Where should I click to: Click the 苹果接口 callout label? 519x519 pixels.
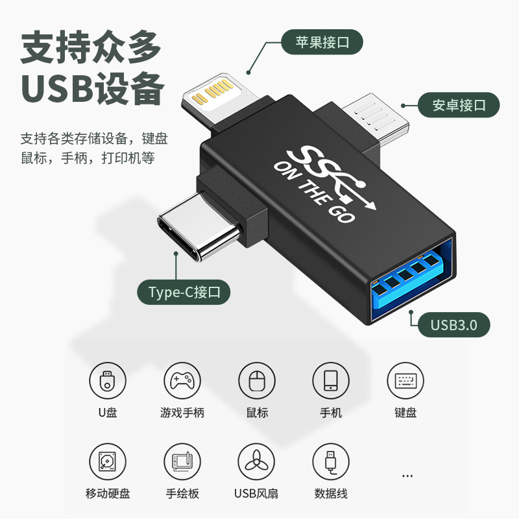pyautogui.click(x=321, y=43)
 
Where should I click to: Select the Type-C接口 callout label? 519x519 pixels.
pyautogui.click(x=184, y=292)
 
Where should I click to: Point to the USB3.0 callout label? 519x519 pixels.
pyautogui.click(x=453, y=324)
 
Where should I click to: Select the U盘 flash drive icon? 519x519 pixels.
pyautogui.click(x=108, y=381)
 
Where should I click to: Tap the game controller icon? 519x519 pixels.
pyautogui.click(x=182, y=381)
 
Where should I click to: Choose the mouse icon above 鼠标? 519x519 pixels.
pyautogui.click(x=257, y=381)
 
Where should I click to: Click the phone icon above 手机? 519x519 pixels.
pyautogui.click(x=332, y=381)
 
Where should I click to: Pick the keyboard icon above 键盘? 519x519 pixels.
pyautogui.click(x=406, y=381)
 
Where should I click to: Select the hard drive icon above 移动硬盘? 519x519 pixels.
pyautogui.click(x=108, y=462)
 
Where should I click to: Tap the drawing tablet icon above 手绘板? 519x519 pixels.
pyautogui.click(x=182, y=462)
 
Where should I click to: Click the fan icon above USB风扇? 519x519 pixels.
pyautogui.click(x=257, y=462)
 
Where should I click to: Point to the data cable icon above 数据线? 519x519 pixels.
pyautogui.click(x=332, y=462)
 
